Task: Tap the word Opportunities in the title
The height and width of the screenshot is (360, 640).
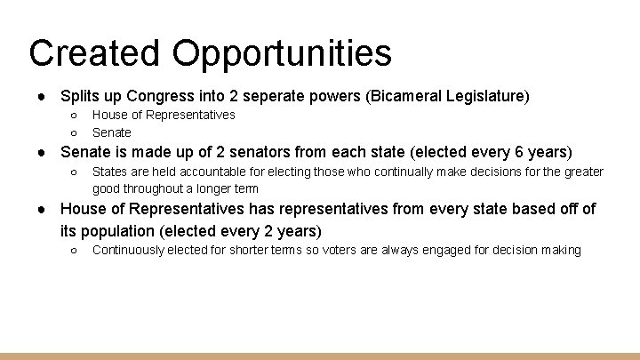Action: click(x=282, y=53)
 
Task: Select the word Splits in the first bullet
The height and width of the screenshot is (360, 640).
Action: click(x=79, y=95)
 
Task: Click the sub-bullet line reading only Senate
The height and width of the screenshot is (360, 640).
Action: click(x=112, y=132)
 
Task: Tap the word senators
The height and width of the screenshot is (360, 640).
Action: click(x=283, y=152)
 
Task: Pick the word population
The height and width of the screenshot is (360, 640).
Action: click(x=124, y=231)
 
